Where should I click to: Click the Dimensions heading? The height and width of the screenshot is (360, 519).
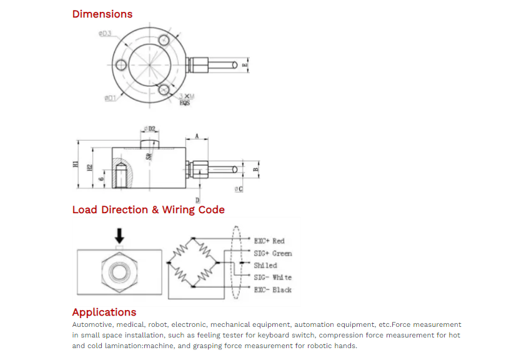click(102, 14)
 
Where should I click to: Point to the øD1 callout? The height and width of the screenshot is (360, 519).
click(110, 98)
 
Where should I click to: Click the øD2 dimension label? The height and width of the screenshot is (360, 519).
click(150, 129)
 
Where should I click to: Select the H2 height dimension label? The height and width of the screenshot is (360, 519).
click(90, 167)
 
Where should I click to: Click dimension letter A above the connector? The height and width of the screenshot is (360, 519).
click(197, 136)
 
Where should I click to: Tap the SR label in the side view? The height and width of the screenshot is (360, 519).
click(149, 156)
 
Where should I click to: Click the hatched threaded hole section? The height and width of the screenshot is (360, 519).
click(121, 173)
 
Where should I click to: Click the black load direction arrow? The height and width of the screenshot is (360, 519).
click(120, 236)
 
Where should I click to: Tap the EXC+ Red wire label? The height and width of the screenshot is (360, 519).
click(269, 241)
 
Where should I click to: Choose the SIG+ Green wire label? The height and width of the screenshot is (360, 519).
click(272, 253)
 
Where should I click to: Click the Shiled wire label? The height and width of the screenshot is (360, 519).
click(265, 265)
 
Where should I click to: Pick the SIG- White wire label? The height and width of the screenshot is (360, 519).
click(272, 277)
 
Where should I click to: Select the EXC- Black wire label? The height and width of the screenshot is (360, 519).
click(272, 289)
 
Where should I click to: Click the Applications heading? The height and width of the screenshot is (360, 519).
click(104, 312)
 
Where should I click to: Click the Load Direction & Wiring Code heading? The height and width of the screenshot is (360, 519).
click(148, 210)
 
